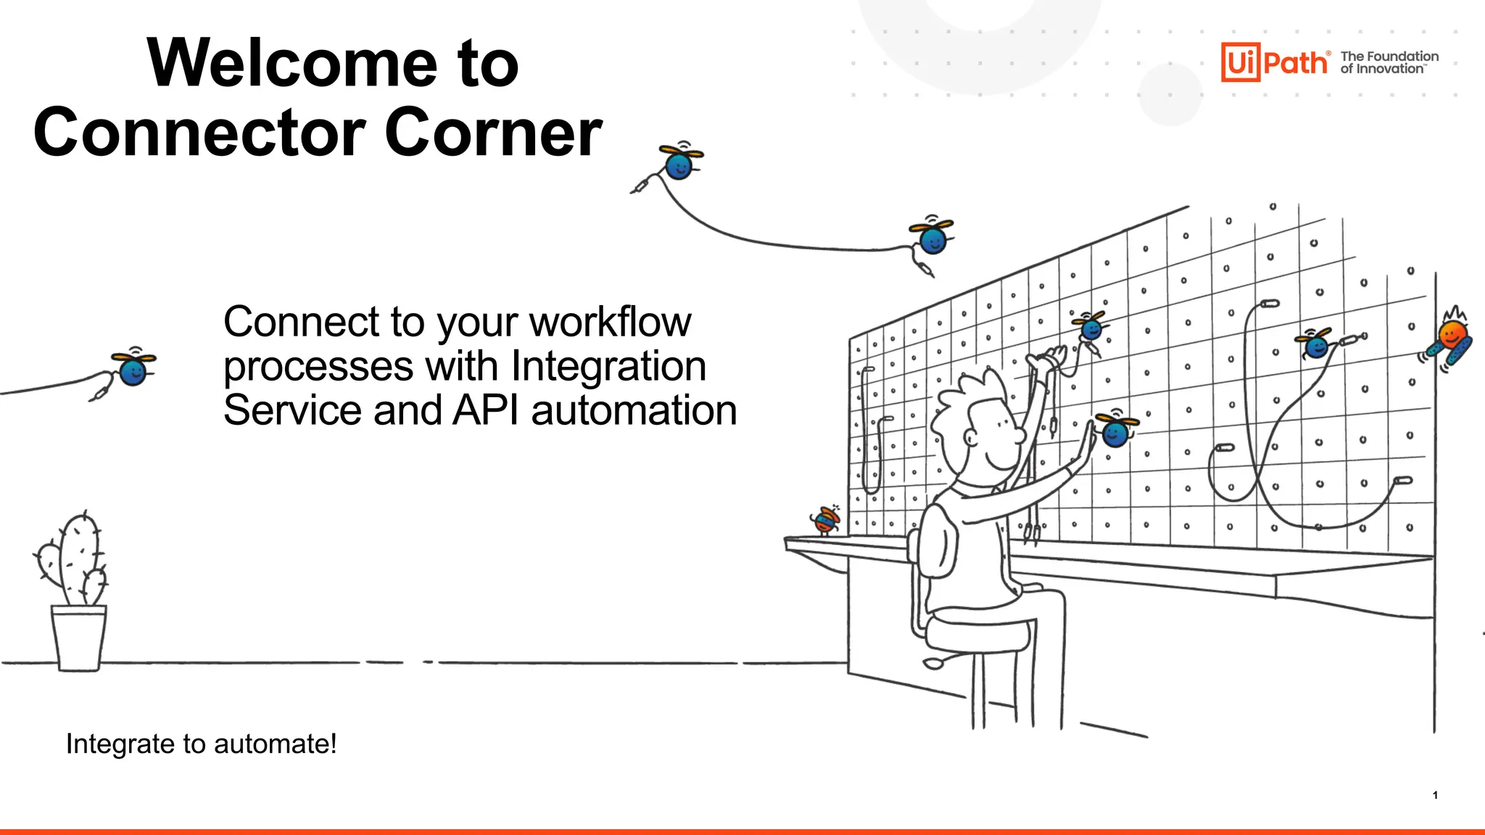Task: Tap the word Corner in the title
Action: pyautogui.click(x=493, y=133)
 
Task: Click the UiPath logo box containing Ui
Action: pyautogui.click(x=1240, y=62)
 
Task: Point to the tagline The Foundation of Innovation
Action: pyautogui.click(x=1389, y=62)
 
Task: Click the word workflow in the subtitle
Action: pyautogui.click(x=610, y=322)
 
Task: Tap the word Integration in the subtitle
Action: pyautogui.click(x=608, y=366)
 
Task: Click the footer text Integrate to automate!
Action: pyautogui.click(x=201, y=744)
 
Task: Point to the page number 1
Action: pyautogui.click(x=1435, y=795)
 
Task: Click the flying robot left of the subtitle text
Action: pyautogui.click(x=133, y=368)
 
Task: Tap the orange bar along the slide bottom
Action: pyautogui.click(x=742, y=831)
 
